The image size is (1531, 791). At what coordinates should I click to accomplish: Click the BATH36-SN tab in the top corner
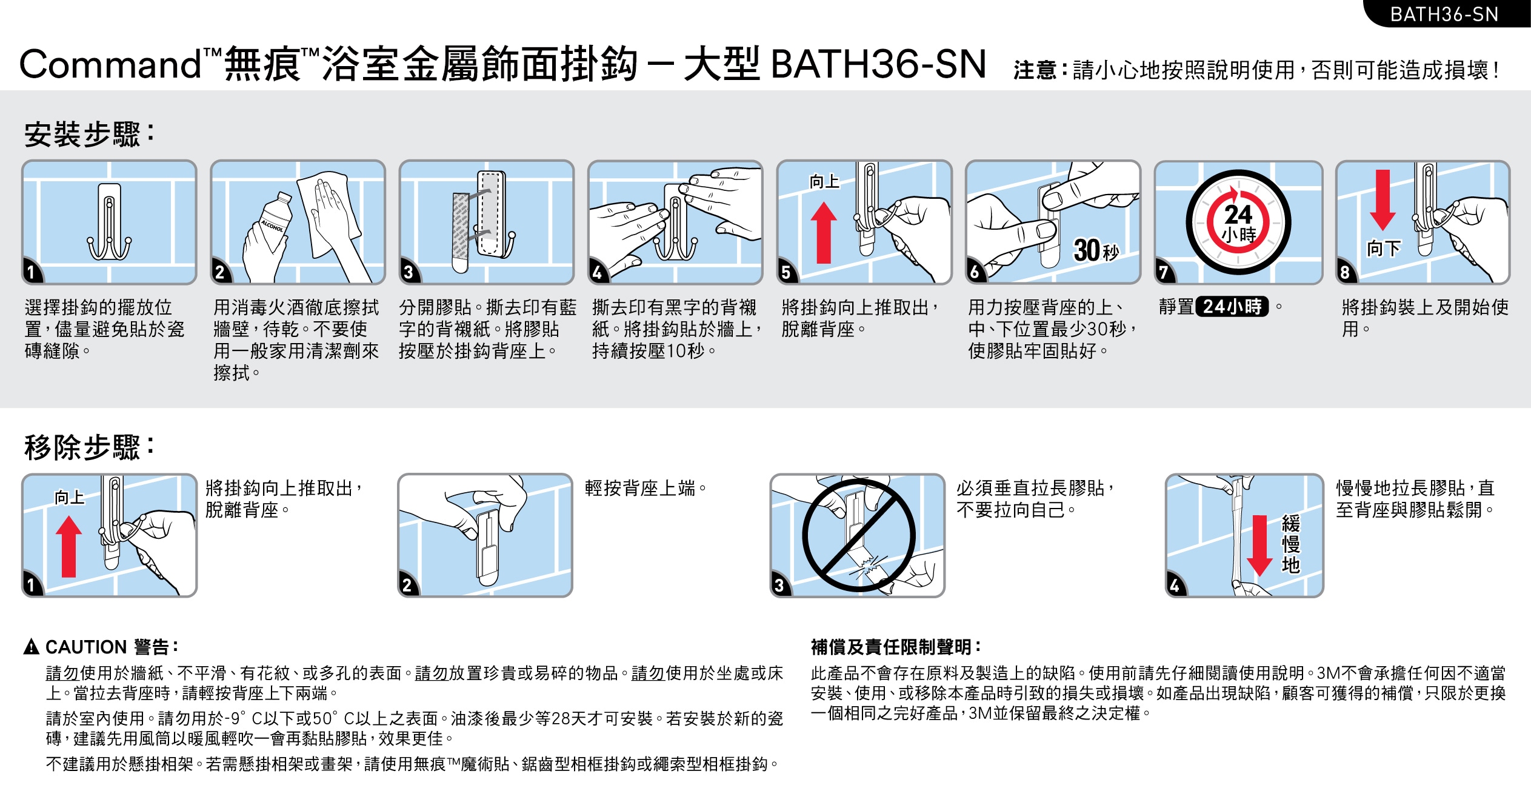pyautogui.click(x=1446, y=14)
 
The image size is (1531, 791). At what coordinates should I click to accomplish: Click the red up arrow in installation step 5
pyautogui.click(x=824, y=233)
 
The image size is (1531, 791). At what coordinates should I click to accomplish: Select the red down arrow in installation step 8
pyautogui.click(x=1383, y=199)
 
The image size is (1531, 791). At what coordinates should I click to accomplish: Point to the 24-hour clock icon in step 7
pyautogui.click(x=1238, y=222)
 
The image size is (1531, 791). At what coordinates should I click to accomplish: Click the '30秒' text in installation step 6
pyautogui.click(x=1096, y=250)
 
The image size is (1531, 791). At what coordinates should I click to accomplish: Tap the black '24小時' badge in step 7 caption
pyautogui.click(x=1232, y=307)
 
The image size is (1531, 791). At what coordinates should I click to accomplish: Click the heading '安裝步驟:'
pyautogui.click(x=89, y=134)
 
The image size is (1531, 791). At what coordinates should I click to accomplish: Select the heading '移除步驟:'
pyautogui.click(x=89, y=447)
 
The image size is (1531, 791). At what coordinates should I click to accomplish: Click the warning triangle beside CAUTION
pyautogui.click(x=32, y=647)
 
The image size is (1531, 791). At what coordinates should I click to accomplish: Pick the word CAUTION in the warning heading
pyautogui.click(x=86, y=647)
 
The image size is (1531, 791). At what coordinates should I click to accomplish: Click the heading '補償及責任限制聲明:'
pyautogui.click(x=896, y=647)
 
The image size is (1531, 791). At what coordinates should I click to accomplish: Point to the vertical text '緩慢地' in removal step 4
pyautogui.click(x=1291, y=544)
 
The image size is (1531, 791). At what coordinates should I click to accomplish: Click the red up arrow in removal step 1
pyautogui.click(x=68, y=546)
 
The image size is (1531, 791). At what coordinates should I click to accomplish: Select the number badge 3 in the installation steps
pyautogui.click(x=409, y=272)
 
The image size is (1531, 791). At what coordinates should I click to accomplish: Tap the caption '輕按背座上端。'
pyautogui.click(x=646, y=488)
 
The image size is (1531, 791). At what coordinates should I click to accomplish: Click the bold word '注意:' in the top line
pyautogui.click(x=1040, y=70)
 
